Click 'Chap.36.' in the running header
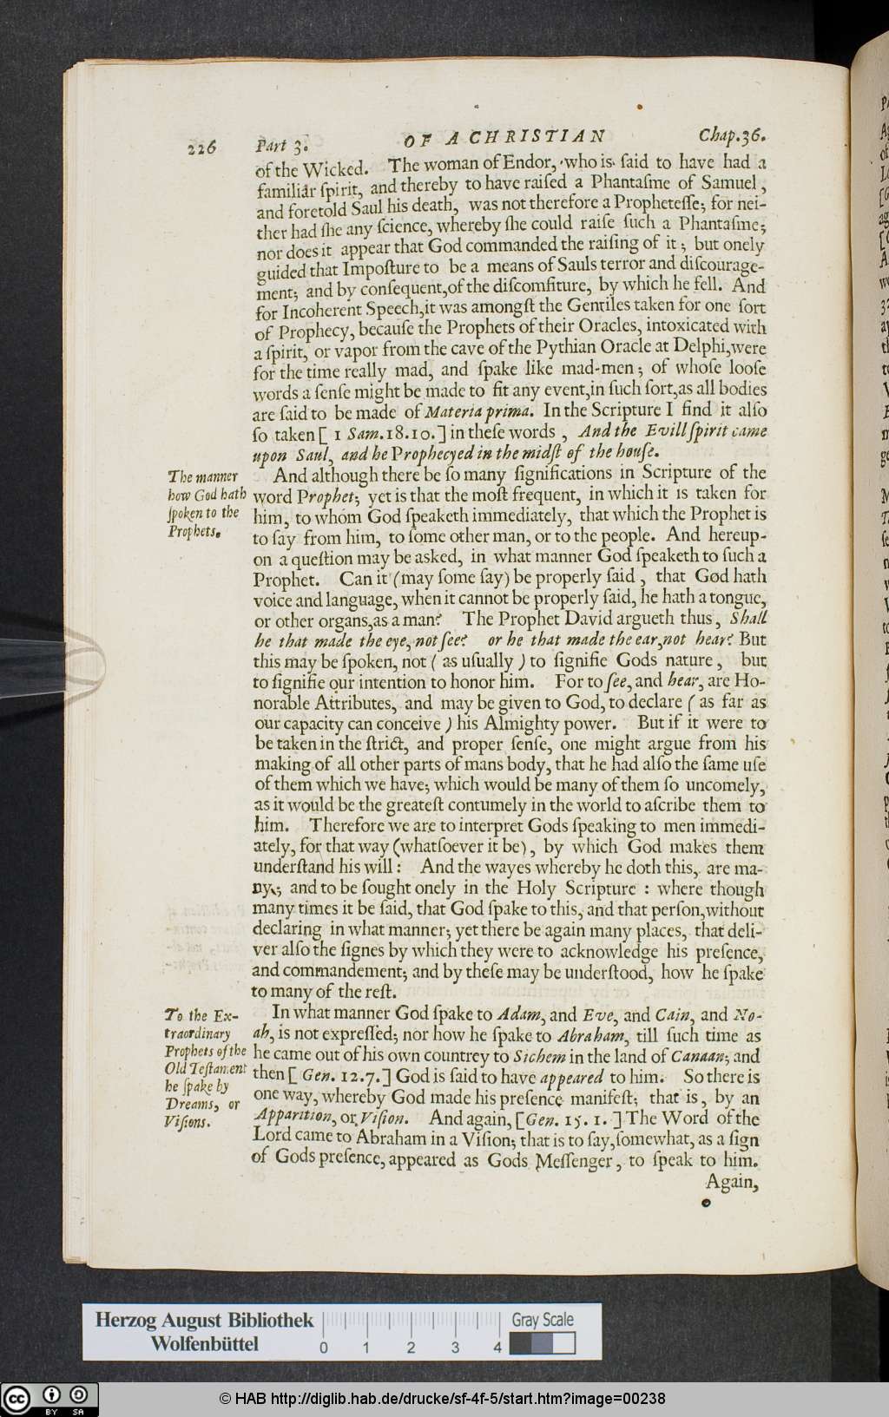733,136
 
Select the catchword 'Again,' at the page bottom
732,1181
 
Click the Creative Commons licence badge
49,1399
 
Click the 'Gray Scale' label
542,1320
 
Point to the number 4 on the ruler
497,1348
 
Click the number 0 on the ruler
324,1348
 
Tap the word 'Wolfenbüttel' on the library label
204,1344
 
